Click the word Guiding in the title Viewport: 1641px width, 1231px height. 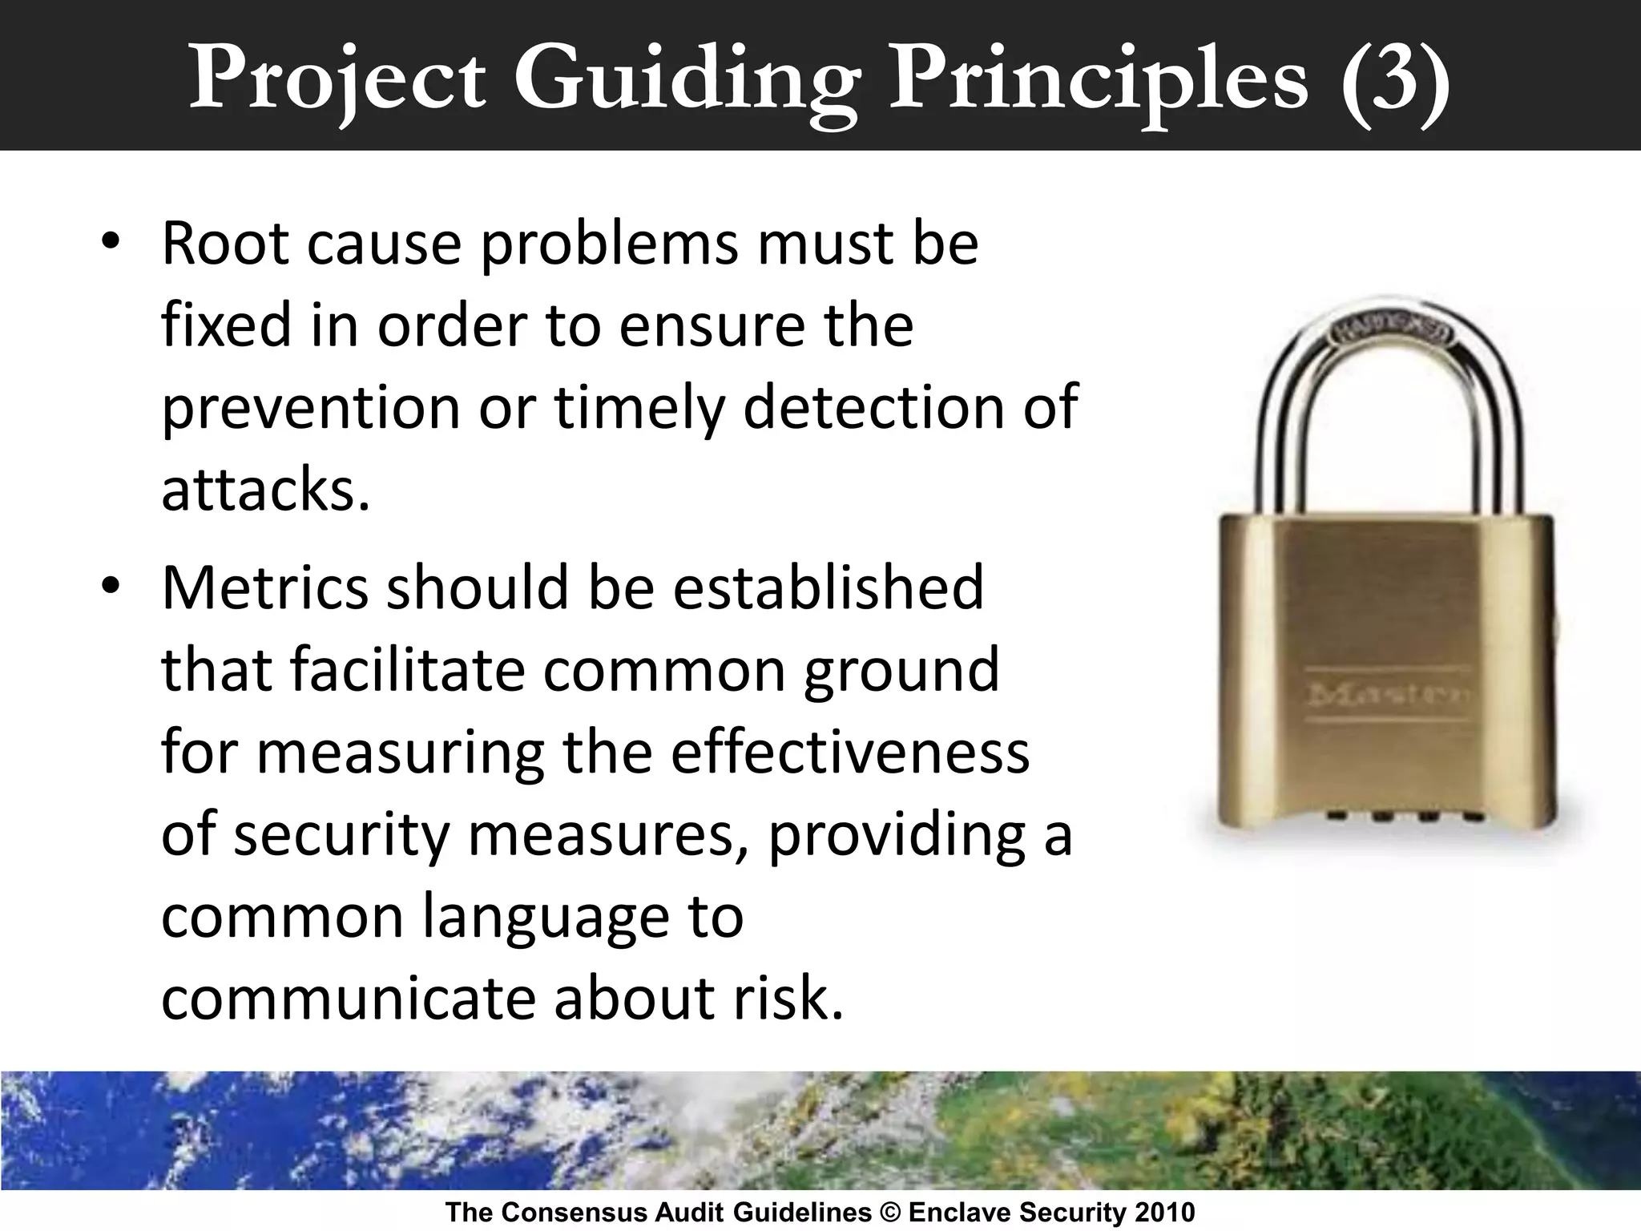(x=687, y=79)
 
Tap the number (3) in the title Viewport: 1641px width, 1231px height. (x=1393, y=79)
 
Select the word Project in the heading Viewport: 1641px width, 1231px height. (x=337, y=79)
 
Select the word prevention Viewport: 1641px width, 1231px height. (x=310, y=408)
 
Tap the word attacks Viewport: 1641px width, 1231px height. (x=265, y=490)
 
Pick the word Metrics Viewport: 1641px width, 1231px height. (x=265, y=587)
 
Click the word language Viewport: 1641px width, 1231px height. (x=545, y=918)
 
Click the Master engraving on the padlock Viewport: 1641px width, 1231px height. (x=1388, y=694)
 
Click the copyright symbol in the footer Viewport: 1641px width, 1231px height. (x=889, y=1213)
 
